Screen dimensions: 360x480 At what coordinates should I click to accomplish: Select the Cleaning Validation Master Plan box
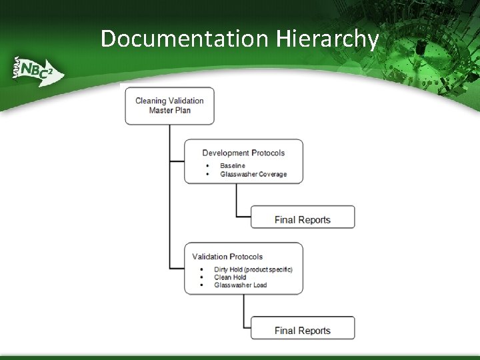click(169, 105)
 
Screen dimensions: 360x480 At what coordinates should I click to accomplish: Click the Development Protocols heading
click(243, 153)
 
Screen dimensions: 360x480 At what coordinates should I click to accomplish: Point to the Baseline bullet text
click(233, 165)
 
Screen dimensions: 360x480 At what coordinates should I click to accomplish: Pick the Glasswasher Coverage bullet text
click(253, 174)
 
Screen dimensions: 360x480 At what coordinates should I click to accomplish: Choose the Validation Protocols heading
click(227, 256)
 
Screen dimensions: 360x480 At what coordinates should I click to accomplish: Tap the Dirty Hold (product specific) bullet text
click(253, 269)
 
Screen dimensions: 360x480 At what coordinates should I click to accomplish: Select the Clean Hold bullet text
click(230, 277)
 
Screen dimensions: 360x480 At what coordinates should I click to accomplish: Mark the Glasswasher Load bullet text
click(240, 285)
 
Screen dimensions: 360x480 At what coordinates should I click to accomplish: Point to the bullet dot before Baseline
click(207, 165)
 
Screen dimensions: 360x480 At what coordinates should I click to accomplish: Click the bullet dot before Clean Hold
click(201, 277)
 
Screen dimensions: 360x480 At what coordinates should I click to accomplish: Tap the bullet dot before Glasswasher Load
click(201, 285)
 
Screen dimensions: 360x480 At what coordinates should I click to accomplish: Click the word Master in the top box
click(161, 110)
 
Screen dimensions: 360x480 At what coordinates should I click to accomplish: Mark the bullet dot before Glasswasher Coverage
click(207, 174)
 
